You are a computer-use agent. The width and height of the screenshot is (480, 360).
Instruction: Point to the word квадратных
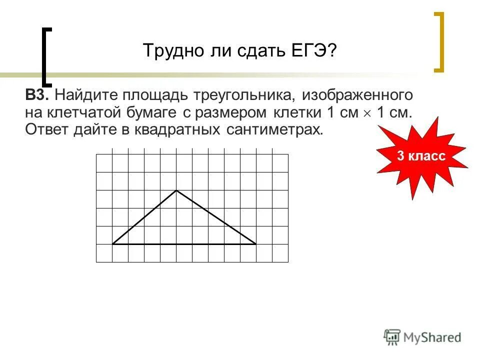point(179,130)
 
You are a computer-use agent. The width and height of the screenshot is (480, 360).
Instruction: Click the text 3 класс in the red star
point(421,156)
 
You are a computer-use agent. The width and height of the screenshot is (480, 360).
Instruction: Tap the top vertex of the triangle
point(176,190)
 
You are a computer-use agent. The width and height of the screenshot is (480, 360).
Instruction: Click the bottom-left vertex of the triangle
point(113,244)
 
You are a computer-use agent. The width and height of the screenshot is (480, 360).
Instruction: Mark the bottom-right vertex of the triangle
point(256,244)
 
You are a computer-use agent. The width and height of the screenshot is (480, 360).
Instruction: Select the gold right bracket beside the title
point(440,42)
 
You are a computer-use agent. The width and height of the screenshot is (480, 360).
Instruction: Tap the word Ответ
point(46,130)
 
